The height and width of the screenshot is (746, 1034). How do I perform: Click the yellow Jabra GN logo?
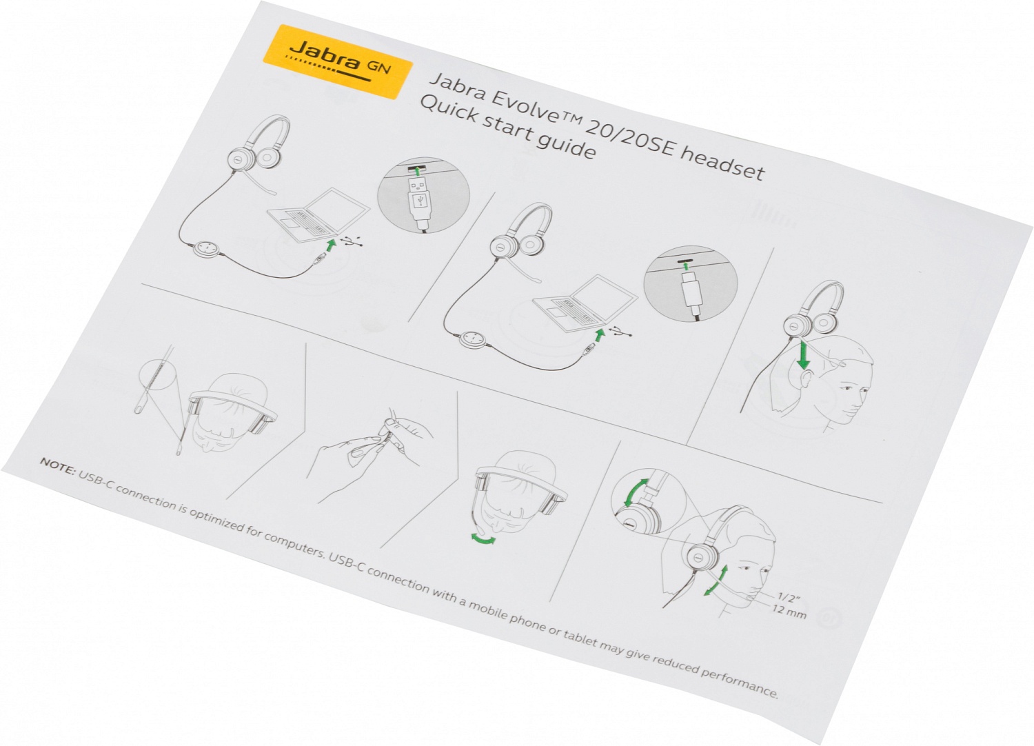[x=338, y=61]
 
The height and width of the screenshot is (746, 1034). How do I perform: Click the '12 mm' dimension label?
[x=789, y=611]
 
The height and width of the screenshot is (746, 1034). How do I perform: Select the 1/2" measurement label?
[x=789, y=598]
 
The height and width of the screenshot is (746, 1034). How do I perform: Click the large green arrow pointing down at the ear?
[x=804, y=354]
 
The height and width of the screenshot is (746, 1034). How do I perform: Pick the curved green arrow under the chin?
[x=483, y=538]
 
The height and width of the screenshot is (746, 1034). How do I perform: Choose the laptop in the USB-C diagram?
[x=585, y=304]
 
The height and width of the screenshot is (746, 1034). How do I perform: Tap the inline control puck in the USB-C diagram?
[x=472, y=340]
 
